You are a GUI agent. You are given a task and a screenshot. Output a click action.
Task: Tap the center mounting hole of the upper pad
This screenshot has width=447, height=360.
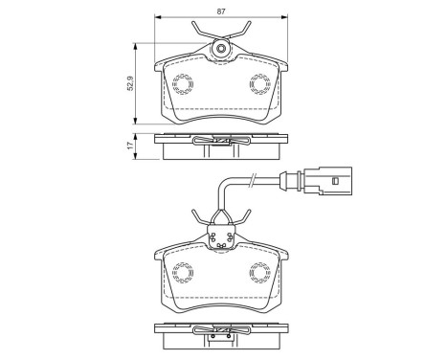tap(221, 50)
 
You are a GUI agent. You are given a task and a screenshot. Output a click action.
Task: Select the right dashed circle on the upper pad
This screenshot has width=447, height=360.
tap(259, 85)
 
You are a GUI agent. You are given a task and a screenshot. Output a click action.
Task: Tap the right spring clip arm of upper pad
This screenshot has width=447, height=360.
tap(242, 33)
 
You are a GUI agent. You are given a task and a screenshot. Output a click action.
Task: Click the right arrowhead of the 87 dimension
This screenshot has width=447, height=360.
tap(285, 17)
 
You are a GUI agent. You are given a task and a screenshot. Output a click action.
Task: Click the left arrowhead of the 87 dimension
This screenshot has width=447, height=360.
tap(157, 17)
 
